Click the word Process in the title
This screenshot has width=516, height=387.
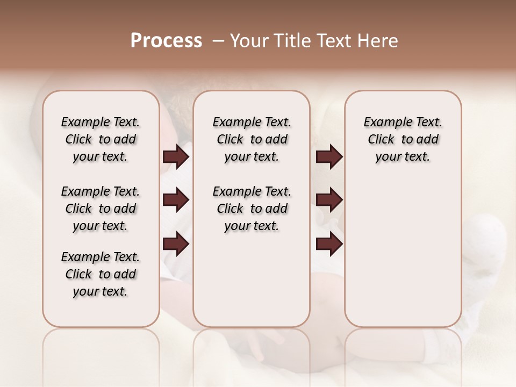[x=166, y=41]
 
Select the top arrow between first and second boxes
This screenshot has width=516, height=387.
[x=176, y=157]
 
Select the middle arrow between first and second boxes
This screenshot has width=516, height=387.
[x=176, y=200]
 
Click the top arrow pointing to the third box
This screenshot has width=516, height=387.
[x=329, y=157]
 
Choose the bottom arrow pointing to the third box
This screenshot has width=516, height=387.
[x=329, y=244]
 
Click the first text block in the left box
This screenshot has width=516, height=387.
[x=101, y=139]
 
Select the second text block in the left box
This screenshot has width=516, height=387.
[x=101, y=209]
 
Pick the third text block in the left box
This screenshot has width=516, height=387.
[x=101, y=274]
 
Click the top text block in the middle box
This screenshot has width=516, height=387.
[x=252, y=139]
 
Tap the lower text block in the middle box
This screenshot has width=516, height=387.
[x=252, y=209]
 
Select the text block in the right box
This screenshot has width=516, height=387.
[x=403, y=139]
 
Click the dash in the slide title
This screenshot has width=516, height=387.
[x=218, y=41]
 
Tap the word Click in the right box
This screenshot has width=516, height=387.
[x=381, y=140]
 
